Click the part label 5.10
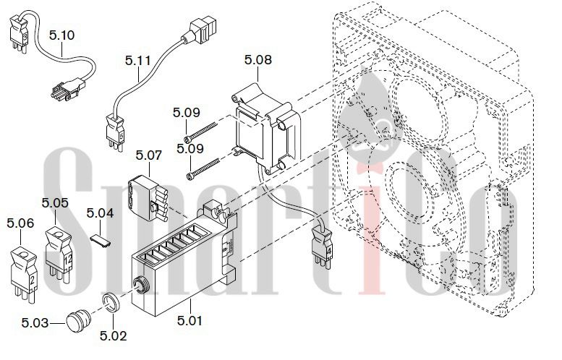[61, 35]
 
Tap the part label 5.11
[138, 60]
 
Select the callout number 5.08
[258, 59]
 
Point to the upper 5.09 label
[187, 113]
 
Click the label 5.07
[149, 155]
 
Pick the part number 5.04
[100, 213]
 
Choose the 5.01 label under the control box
[190, 320]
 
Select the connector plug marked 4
[322, 247]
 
